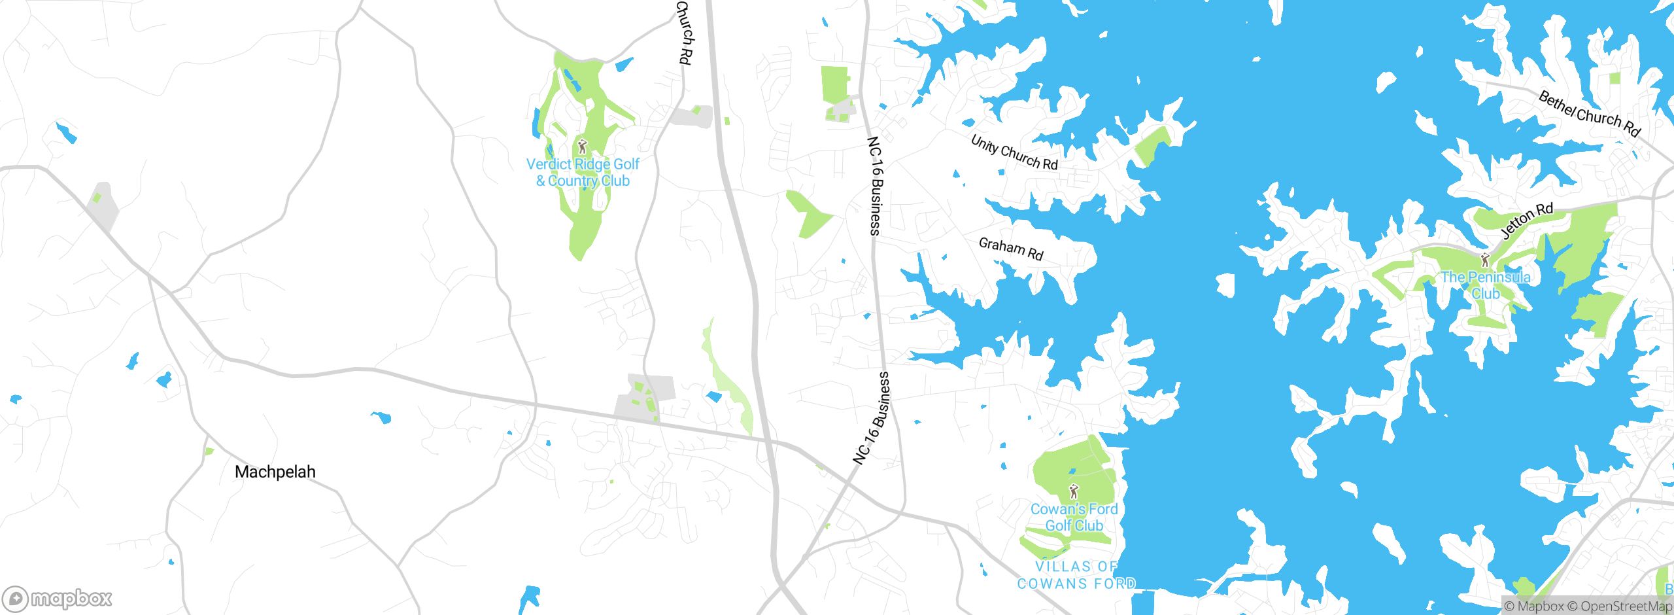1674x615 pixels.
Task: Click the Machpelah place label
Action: tap(275, 472)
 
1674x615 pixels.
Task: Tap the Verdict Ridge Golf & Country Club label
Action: tap(583, 173)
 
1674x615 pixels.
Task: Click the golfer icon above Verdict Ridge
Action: tap(583, 146)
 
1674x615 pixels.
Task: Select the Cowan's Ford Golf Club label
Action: tap(1074, 518)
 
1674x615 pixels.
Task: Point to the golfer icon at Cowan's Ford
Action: tap(1073, 491)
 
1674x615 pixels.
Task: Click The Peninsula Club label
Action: tap(1485, 285)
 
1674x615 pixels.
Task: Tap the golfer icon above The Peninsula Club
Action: tap(1485, 260)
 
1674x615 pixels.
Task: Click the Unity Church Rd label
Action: tap(1014, 152)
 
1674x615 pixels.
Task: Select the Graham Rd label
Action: tap(1011, 249)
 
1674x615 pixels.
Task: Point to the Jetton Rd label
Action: tap(1526, 220)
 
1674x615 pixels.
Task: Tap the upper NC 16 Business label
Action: tap(875, 186)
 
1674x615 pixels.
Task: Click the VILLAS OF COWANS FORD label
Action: tap(1076, 575)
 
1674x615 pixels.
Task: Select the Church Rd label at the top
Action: tap(683, 33)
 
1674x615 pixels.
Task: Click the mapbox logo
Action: tap(58, 599)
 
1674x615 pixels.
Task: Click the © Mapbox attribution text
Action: tap(1534, 606)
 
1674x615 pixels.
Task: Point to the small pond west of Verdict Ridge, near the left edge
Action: tap(66, 133)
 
